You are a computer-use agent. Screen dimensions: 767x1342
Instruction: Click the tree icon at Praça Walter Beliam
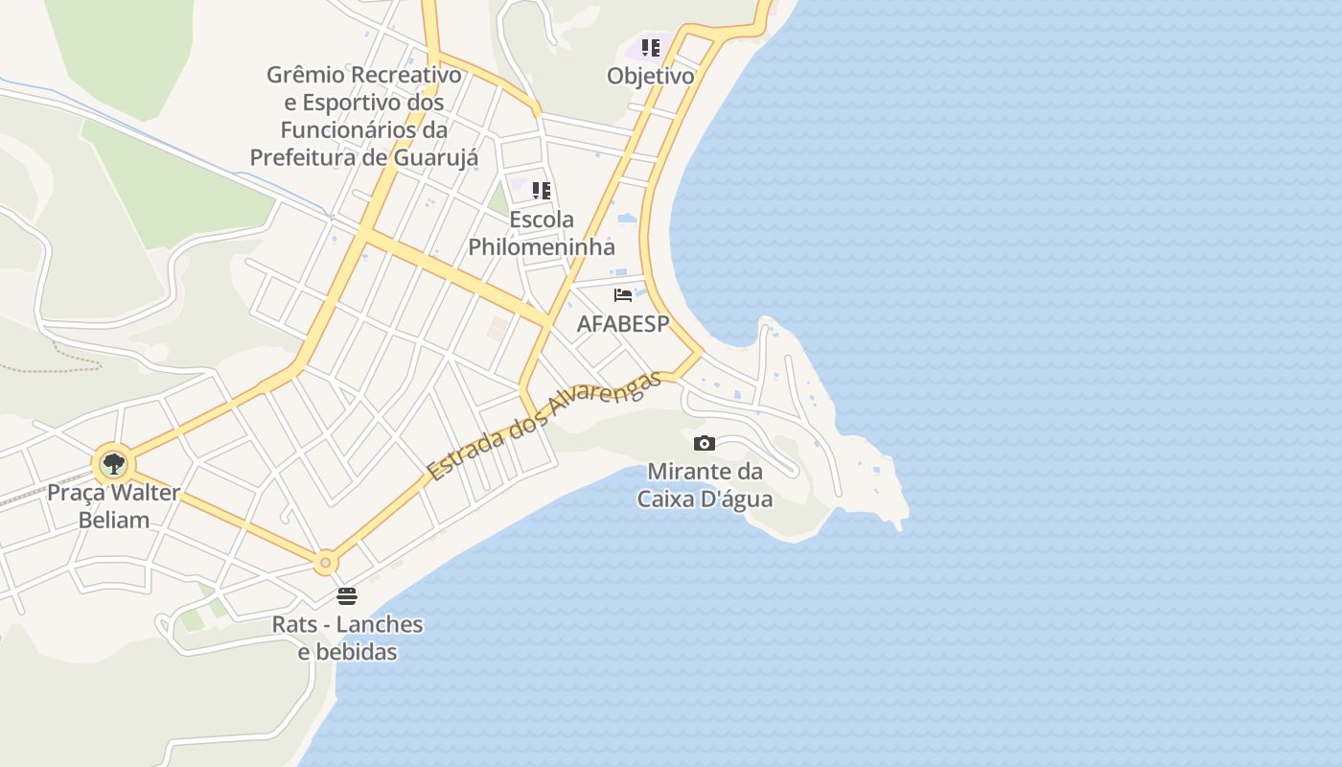click(x=114, y=464)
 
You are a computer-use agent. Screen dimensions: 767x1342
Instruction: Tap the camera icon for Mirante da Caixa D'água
click(x=705, y=443)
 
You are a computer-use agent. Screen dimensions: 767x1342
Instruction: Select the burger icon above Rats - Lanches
click(x=347, y=595)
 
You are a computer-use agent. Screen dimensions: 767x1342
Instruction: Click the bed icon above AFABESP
click(x=623, y=295)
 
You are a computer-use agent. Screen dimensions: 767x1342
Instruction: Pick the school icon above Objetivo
click(x=651, y=48)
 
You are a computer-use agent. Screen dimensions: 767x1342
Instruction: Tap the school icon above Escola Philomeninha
click(x=542, y=191)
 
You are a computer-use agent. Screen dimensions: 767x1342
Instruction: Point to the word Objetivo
click(x=651, y=76)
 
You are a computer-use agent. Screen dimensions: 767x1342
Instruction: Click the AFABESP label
click(x=623, y=324)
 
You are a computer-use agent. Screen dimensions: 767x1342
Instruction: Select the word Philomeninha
click(x=542, y=246)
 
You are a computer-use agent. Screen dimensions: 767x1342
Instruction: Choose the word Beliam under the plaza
click(x=114, y=521)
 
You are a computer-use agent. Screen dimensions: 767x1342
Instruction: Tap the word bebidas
click(x=359, y=652)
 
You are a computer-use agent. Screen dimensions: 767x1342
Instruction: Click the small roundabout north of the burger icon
click(x=326, y=562)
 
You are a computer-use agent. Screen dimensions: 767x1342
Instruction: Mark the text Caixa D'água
click(x=706, y=500)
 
